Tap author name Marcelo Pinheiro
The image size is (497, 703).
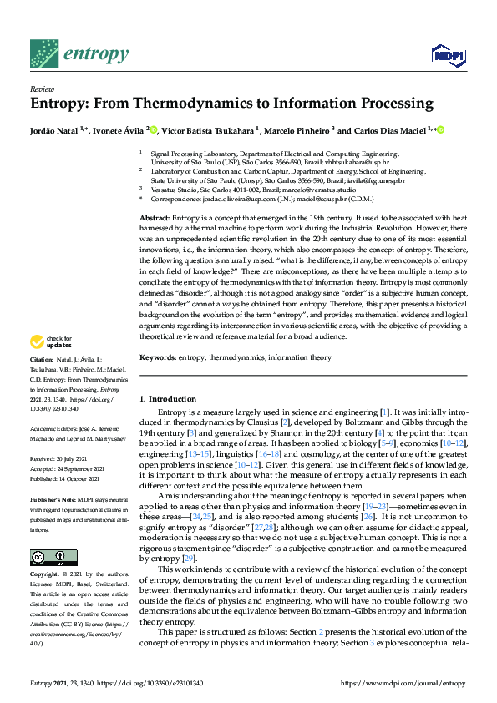click(x=302, y=130)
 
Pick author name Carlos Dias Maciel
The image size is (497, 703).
click(x=388, y=130)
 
